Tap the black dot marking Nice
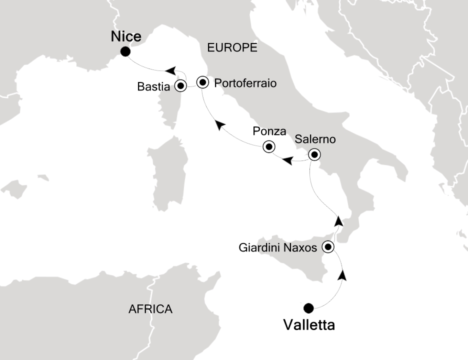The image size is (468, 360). (125, 51)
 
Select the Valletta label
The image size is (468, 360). (308, 325)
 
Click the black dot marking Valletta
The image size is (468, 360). (308, 307)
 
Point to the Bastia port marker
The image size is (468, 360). (180, 86)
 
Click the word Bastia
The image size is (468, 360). (154, 86)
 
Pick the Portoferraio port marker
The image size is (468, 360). (202, 82)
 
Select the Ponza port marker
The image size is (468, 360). (269, 146)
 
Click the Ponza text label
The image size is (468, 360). (269, 132)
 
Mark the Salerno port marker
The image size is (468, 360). (314, 153)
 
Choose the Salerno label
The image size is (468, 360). (314, 139)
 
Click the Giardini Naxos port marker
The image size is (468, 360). (328, 246)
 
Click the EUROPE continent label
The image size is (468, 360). (232, 48)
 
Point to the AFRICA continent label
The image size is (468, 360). (150, 309)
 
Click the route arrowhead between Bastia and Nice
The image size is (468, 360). (171, 70)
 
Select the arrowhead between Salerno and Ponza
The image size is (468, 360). (287, 160)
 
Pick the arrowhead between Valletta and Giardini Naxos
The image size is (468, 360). (343, 275)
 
